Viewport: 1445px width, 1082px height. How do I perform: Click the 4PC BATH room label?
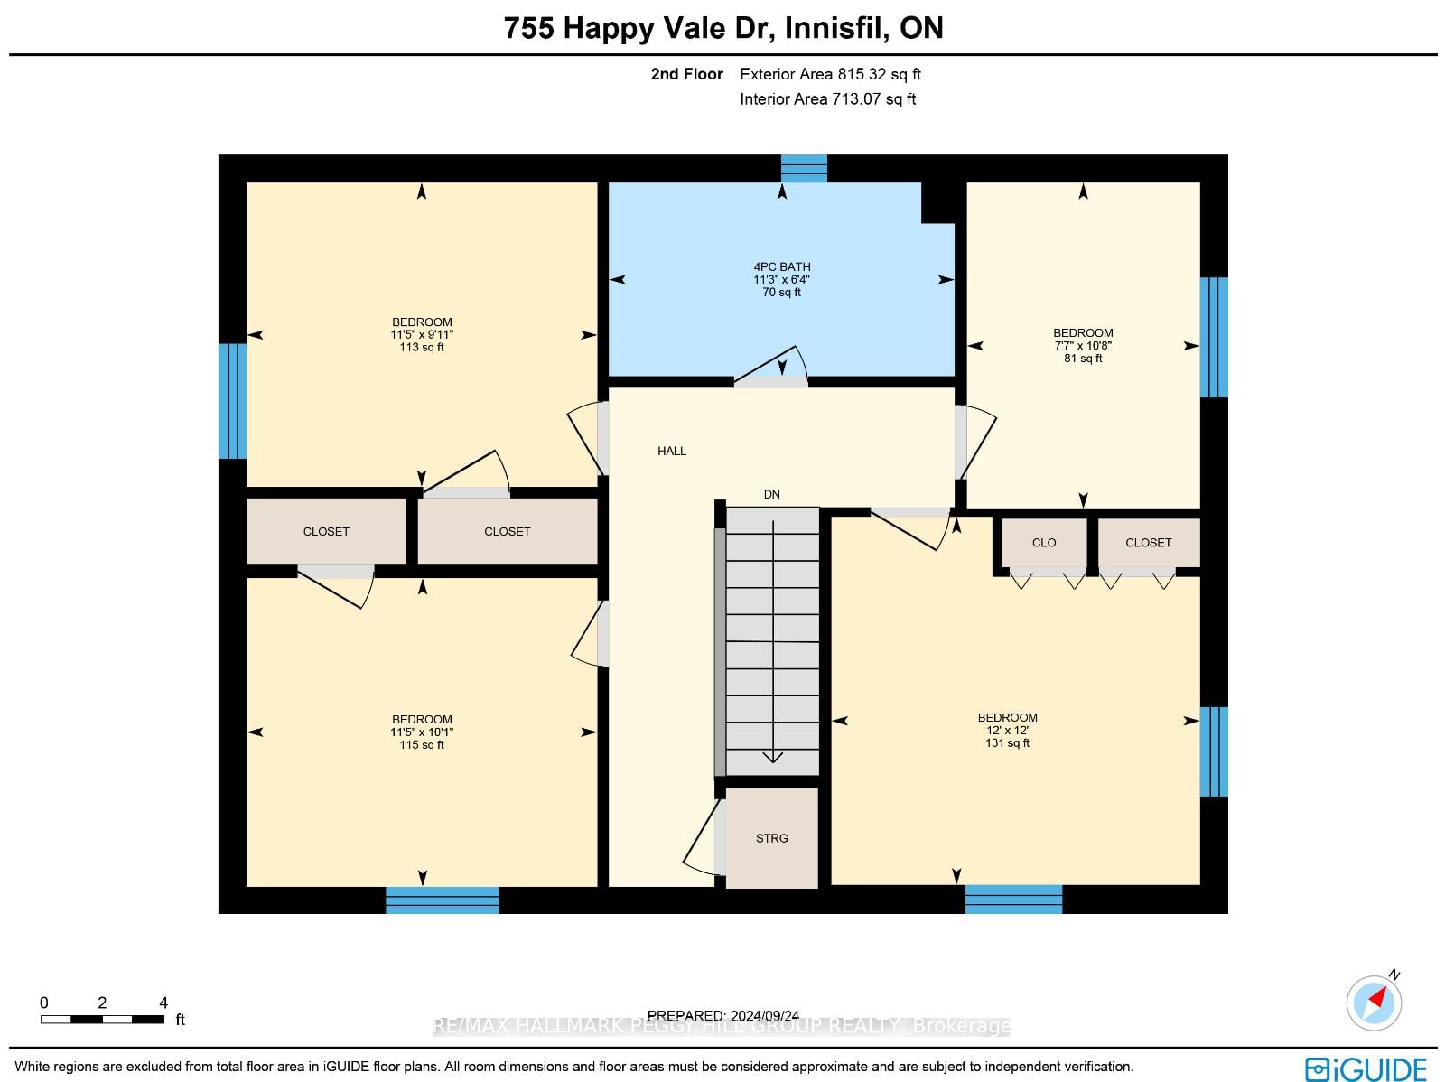[x=781, y=266]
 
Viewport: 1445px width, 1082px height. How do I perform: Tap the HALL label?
[x=672, y=451]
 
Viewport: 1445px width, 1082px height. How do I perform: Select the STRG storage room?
[x=771, y=838]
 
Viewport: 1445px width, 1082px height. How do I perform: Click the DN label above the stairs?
[x=771, y=494]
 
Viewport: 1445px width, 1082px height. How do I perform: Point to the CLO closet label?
[x=1043, y=542]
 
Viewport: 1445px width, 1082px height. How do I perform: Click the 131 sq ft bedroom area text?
[x=1007, y=743]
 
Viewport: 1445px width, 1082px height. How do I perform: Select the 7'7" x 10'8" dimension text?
[x=1083, y=346]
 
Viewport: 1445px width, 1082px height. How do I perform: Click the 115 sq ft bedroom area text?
[x=422, y=744]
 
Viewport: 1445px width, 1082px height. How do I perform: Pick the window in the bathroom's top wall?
[x=804, y=169]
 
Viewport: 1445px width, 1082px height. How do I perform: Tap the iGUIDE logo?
[x=1366, y=1068]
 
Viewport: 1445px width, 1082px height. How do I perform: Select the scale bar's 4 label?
[x=163, y=1003]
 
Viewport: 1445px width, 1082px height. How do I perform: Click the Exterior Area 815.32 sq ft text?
[x=830, y=74]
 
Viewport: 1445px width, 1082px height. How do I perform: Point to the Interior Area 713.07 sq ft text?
[x=827, y=99]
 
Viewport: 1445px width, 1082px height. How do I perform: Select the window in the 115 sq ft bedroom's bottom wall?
[x=442, y=900]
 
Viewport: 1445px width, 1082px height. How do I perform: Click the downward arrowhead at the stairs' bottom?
[x=773, y=758]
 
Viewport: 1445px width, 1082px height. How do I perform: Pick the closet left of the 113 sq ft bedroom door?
[x=326, y=531]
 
